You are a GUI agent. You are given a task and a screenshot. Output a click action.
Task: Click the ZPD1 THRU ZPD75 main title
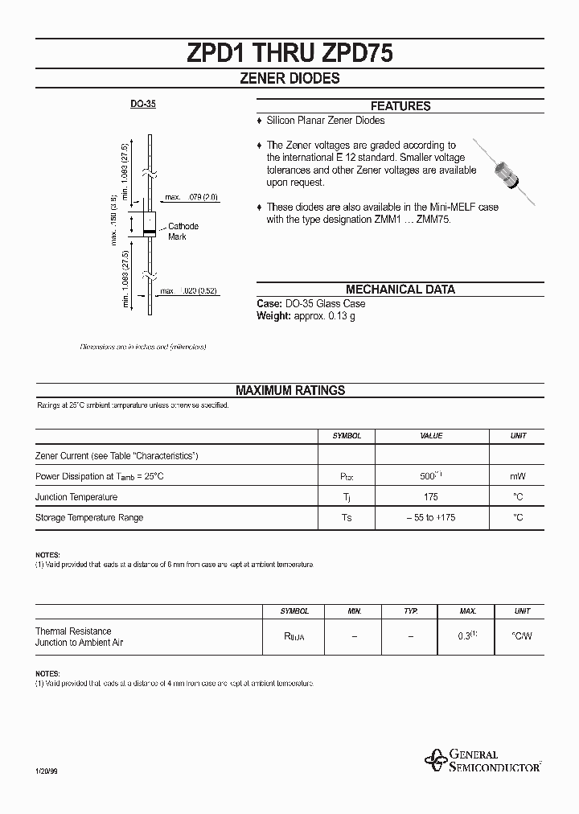[289, 53]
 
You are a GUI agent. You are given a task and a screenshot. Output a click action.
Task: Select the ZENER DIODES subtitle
[289, 79]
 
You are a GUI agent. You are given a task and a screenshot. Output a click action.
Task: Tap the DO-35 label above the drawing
[143, 105]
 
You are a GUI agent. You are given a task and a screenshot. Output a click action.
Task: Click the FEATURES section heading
[400, 106]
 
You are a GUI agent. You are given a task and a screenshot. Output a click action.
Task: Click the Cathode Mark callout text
[183, 232]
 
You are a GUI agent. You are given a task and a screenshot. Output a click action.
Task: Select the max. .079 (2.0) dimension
[191, 197]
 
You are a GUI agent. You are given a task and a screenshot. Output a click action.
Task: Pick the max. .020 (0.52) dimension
[189, 291]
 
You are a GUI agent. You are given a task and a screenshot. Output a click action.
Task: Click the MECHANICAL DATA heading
[400, 290]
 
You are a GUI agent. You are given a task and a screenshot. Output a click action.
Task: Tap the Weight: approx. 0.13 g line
[306, 316]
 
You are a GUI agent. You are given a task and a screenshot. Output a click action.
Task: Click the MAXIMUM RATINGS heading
[289, 390]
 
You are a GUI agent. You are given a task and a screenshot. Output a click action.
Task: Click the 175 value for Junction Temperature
[430, 497]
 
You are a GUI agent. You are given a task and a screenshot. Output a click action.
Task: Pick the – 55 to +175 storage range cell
[430, 517]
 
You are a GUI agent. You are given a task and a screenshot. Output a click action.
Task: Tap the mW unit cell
[518, 476]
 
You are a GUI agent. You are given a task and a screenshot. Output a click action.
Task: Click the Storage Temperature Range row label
[89, 517]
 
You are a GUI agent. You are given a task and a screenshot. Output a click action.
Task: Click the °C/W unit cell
[522, 636]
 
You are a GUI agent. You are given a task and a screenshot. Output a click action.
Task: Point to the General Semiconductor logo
[482, 760]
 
